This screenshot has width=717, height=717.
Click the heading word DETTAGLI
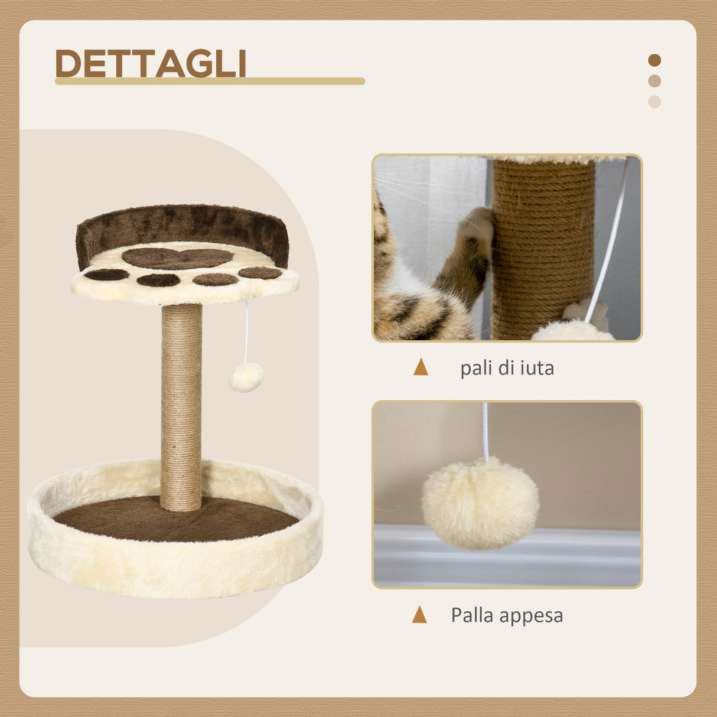tap(151, 63)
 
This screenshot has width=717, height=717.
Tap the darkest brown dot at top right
tap(654, 60)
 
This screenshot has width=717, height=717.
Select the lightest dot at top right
tap(654, 102)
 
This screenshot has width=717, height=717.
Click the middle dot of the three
tap(654, 81)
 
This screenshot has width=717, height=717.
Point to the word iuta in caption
tap(537, 368)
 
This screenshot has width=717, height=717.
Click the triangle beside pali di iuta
tap(421, 367)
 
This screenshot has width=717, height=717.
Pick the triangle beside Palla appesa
tap(419, 615)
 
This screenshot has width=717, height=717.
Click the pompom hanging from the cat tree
tap(246, 377)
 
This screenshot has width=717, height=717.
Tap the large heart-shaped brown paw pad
tap(177, 258)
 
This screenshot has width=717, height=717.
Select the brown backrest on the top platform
tap(183, 224)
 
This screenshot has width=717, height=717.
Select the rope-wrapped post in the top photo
tap(542, 248)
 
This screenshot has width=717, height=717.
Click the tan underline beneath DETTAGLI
tap(210, 82)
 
